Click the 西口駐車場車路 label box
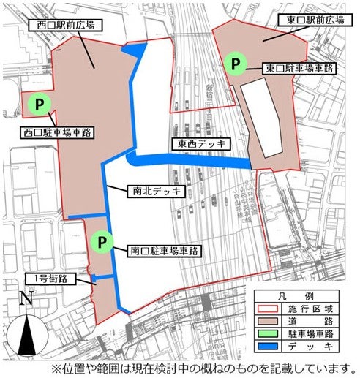coord(55,134)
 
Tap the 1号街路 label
coord(50,279)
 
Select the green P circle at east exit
coord(236,64)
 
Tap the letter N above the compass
coord(26,298)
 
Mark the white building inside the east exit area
coord(263,117)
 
